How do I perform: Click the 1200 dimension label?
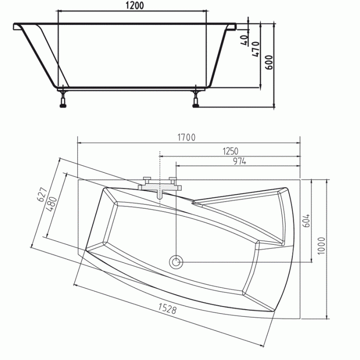pos(135,5)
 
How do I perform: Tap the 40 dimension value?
pos(245,40)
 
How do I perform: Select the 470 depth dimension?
pos(256,49)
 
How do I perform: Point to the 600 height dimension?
pos(269,62)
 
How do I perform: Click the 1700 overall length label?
pos(186,137)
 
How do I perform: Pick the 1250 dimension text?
pos(230,151)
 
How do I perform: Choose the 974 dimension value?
pos(240,162)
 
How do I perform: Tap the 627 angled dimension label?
pos(43,195)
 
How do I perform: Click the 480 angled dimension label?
pos(52,204)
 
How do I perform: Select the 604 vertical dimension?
pos(306,220)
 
